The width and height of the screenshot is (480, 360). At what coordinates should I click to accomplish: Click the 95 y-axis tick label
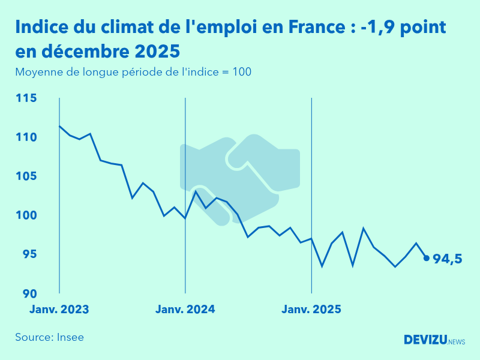click(x=30, y=254)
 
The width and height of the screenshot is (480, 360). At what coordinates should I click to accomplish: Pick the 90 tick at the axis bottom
click(x=30, y=293)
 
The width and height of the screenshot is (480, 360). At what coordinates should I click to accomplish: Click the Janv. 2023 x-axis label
click(x=59, y=310)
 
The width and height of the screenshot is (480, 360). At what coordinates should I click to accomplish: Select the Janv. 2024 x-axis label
click(x=185, y=310)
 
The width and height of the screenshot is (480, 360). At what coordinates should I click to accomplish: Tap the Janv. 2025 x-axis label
click(x=311, y=310)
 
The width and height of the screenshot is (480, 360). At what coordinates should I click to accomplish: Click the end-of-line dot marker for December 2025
click(x=427, y=258)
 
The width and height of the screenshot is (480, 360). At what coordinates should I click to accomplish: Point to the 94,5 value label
click(x=447, y=259)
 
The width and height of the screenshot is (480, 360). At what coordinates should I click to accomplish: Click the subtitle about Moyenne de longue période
click(x=133, y=72)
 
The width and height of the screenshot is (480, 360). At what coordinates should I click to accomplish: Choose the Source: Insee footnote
click(x=49, y=337)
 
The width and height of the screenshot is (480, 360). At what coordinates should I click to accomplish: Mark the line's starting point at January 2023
click(x=59, y=126)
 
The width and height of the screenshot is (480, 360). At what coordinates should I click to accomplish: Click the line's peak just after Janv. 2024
click(x=196, y=191)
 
